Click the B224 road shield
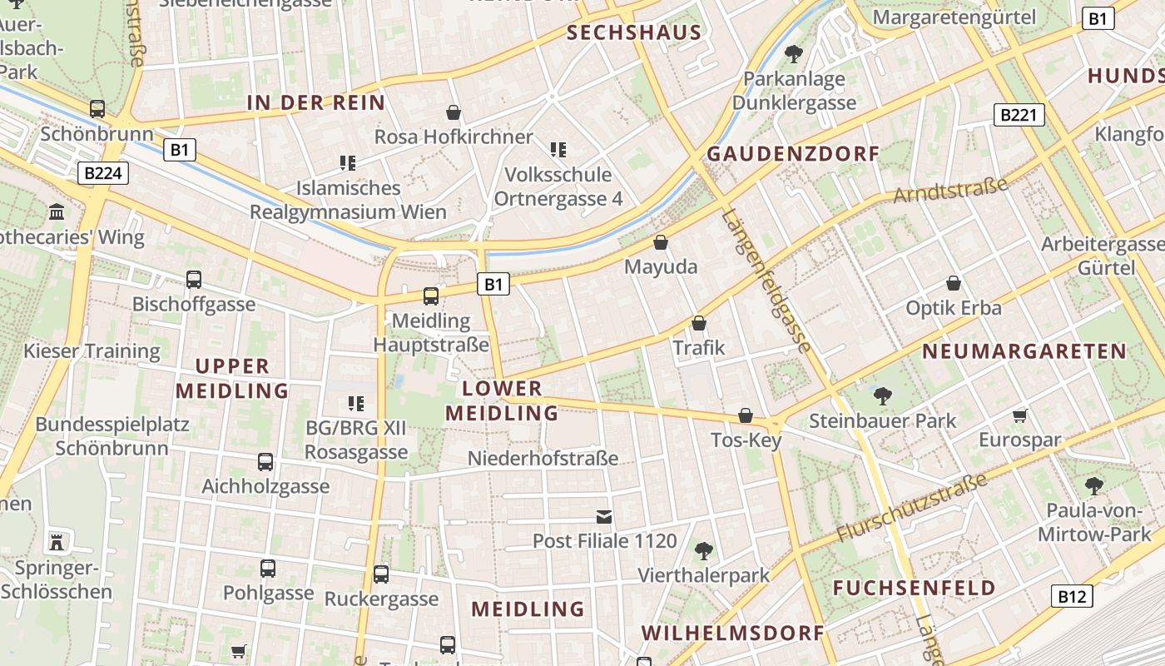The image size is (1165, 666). [103, 173]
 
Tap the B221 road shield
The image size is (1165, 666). [1019, 115]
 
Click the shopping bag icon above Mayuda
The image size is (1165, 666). [661, 242]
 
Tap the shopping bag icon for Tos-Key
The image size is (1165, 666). [746, 415]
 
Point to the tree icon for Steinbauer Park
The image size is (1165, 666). [883, 395]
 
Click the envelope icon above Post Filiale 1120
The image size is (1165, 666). [604, 517]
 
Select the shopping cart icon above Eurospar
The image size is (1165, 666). [1020, 415]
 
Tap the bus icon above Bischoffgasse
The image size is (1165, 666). [194, 280]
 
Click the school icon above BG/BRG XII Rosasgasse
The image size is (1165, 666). [356, 404]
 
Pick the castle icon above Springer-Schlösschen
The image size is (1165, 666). [57, 543]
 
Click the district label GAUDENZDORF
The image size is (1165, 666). [792, 154]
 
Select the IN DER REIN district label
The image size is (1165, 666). [316, 103]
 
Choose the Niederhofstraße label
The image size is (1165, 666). [543, 458]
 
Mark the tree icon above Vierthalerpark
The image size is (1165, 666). [704, 550]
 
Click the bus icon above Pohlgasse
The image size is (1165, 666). [268, 569]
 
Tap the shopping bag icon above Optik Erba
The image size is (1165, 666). [954, 283]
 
